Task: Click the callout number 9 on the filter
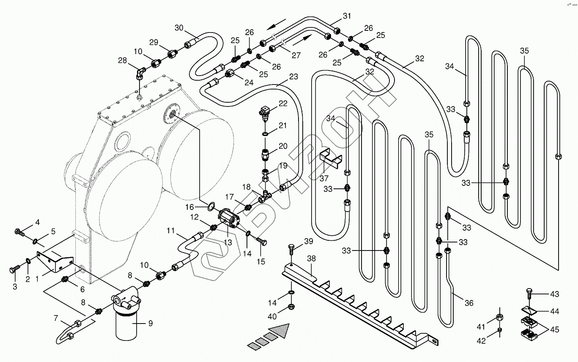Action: pyautogui.click(x=151, y=324)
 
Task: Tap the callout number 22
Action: pyautogui.click(x=283, y=103)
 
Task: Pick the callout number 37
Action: pyautogui.click(x=325, y=178)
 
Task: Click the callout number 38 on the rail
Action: pyautogui.click(x=312, y=259)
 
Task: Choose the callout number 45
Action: pyautogui.click(x=555, y=329)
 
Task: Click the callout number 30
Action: pyautogui.click(x=179, y=28)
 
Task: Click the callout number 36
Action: pyautogui.click(x=469, y=303)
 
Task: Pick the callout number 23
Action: pyautogui.click(x=293, y=77)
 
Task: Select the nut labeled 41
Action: pyautogui.click(x=500, y=318)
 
